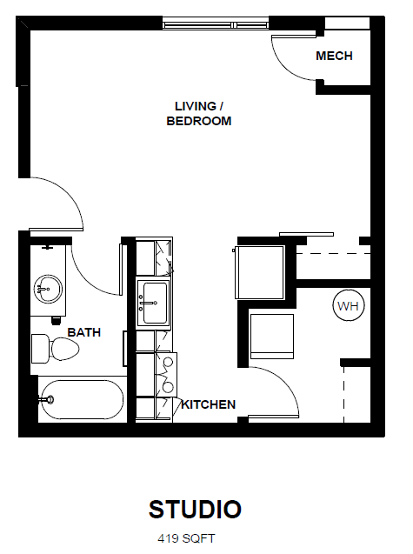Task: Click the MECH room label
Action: (x=334, y=56)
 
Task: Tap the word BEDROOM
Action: (x=199, y=121)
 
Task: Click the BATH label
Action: (x=84, y=332)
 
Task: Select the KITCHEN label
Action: (x=209, y=404)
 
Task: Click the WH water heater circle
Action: (x=349, y=305)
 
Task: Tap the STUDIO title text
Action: (x=195, y=509)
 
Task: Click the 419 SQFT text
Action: (x=186, y=538)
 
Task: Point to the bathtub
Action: (x=82, y=399)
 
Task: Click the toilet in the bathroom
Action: (x=56, y=349)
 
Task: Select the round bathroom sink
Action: (x=48, y=289)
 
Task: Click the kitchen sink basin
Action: (x=153, y=304)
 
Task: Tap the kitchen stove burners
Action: (x=167, y=374)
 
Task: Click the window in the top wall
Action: (x=215, y=24)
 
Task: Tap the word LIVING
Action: (x=196, y=106)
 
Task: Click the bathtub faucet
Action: (x=47, y=399)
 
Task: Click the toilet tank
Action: (x=40, y=349)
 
